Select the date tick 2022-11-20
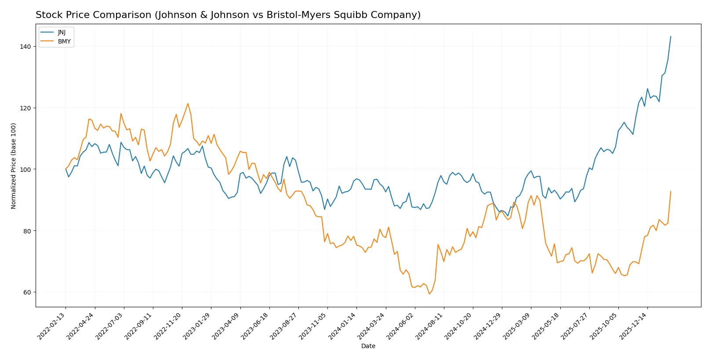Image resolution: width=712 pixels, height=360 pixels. click(169, 326)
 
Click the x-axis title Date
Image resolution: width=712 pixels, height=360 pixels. click(368, 346)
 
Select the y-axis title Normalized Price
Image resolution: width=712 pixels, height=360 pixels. click(14, 166)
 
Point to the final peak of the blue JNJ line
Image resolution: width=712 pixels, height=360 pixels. click(671, 36)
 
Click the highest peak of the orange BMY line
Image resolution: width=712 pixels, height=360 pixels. click(188, 104)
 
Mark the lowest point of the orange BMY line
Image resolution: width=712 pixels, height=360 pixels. click(429, 294)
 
